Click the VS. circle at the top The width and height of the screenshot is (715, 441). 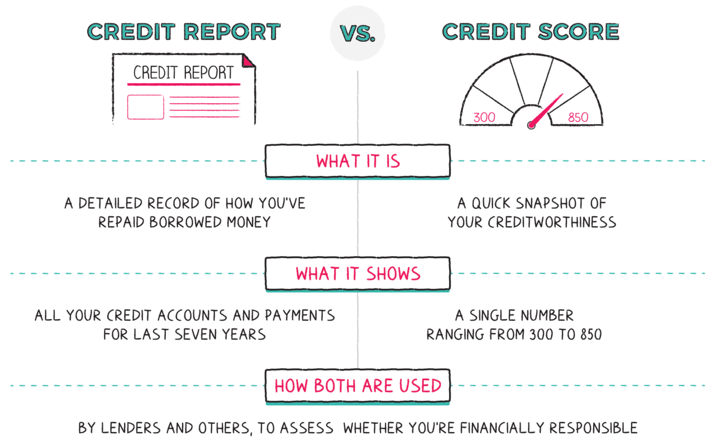(x=357, y=33)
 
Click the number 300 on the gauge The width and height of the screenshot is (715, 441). (x=484, y=117)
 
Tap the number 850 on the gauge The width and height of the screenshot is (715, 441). (x=578, y=117)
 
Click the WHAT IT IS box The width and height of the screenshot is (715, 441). (x=357, y=161)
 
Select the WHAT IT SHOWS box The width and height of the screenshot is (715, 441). (x=357, y=274)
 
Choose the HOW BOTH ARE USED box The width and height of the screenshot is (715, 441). (x=357, y=386)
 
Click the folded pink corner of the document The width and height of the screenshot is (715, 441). (x=248, y=60)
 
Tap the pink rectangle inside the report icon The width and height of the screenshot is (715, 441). (x=145, y=107)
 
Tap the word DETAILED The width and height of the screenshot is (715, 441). (x=109, y=203)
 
